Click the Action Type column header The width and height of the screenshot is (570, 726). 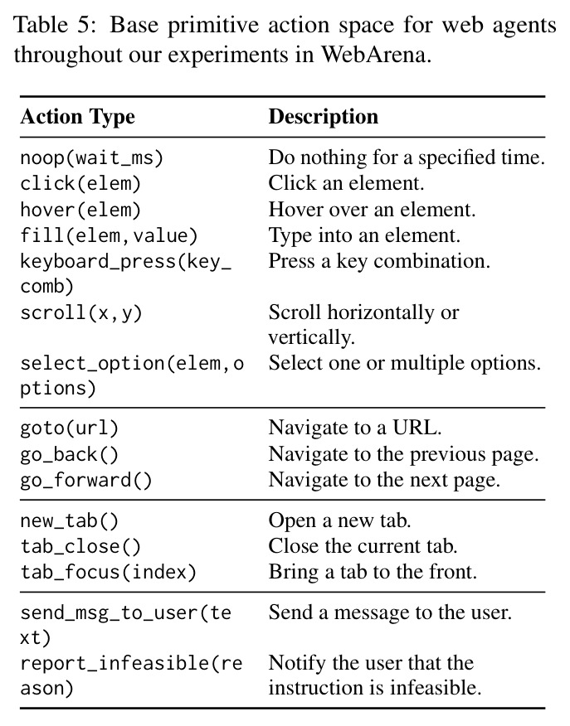pyautogui.click(x=77, y=116)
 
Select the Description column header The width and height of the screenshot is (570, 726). pyautogui.click(x=324, y=116)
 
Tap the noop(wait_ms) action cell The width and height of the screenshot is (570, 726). pyautogui.click(x=92, y=158)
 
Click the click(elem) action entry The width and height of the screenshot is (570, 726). pyautogui.click(x=80, y=184)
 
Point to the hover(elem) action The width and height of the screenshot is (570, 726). pyautogui.click(x=80, y=210)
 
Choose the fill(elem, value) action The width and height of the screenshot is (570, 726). pyautogui.click(x=109, y=235)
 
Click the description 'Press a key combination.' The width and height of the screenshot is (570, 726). pyautogui.click(x=379, y=261)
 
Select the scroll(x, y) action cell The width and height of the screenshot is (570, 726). pyautogui.click(x=81, y=313)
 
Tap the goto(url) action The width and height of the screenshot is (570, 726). pyautogui.click(x=70, y=428)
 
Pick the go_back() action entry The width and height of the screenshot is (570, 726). pyautogui.click(x=70, y=454)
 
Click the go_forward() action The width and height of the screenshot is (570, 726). pyautogui.click(x=86, y=480)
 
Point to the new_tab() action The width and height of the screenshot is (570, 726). pyautogui.click(x=70, y=521)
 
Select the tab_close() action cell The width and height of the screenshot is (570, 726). pyautogui.click(x=80, y=547)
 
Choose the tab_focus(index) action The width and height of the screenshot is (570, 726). pyautogui.click(x=109, y=573)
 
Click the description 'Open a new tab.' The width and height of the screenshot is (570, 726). pyautogui.click(x=339, y=520)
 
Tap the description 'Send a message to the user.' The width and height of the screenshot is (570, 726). pyautogui.click(x=390, y=612)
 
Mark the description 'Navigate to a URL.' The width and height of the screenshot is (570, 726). pyautogui.click(x=355, y=428)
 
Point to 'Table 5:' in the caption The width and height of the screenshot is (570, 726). pyautogui.click(x=55, y=25)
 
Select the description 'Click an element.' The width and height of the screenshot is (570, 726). pyautogui.click(x=346, y=183)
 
